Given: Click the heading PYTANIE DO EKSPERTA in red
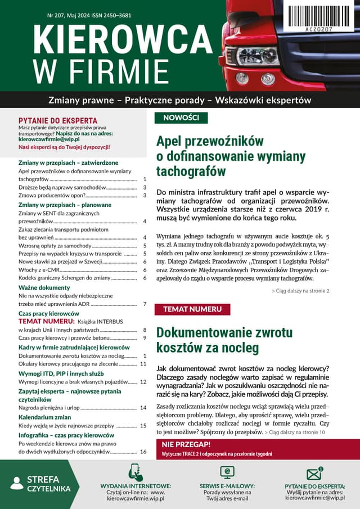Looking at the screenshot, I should click(x=58, y=120).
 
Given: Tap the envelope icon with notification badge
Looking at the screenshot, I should click(x=314, y=474).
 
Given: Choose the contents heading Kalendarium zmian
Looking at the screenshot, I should click(x=45, y=417).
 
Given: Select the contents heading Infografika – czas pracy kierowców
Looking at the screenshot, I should click(x=66, y=435).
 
